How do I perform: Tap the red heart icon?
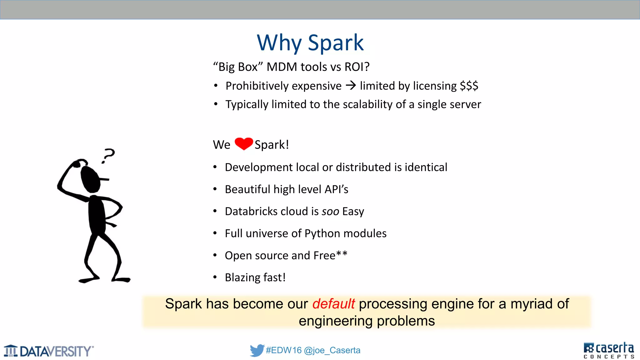(243, 144)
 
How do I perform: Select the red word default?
(333, 304)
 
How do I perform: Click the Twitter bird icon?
(257, 350)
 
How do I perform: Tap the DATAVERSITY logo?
(49, 351)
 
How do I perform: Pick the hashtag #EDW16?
(283, 350)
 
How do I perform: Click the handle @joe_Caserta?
(332, 350)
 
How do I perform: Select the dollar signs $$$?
(469, 86)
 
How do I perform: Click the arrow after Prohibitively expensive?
(351, 85)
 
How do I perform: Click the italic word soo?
(330, 212)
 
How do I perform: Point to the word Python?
(322, 233)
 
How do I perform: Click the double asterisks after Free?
(342, 253)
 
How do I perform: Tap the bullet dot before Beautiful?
(215, 189)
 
